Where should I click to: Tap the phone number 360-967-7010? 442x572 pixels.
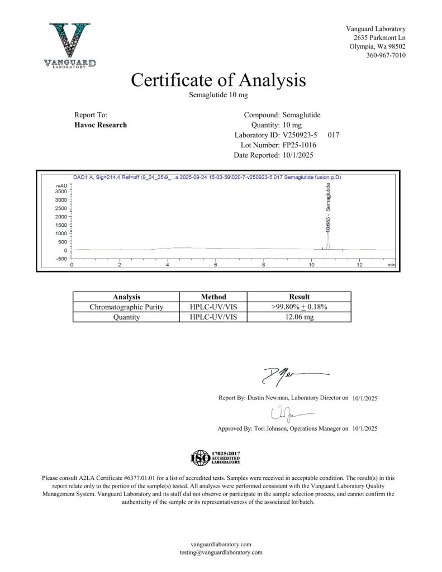click(x=386, y=55)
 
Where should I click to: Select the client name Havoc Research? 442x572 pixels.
click(x=101, y=125)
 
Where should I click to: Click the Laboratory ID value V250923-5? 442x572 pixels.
click(x=302, y=135)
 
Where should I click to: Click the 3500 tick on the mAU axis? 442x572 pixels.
click(x=61, y=191)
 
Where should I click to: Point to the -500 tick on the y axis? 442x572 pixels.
click(x=61, y=259)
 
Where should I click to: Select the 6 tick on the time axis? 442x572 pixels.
click(x=216, y=264)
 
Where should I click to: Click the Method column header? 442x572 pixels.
click(x=213, y=297)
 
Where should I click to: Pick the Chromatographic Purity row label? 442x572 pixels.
click(x=126, y=307)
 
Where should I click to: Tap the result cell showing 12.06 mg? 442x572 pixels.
click(x=299, y=317)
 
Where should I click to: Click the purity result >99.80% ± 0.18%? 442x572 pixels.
click(x=299, y=307)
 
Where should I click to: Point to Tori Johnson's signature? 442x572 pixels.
click(x=289, y=414)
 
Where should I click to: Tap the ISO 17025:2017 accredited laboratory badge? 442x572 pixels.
click(x=216, y=457)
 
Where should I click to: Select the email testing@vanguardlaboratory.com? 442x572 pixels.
click(x=221, y=552)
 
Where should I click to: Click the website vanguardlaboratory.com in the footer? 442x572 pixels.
click(x=221, y=544)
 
